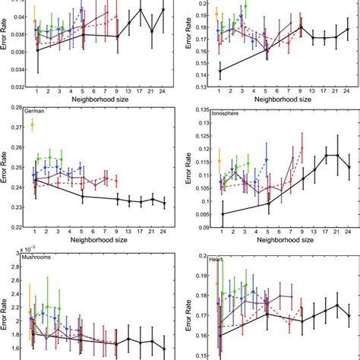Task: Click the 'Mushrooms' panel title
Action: click(x=40, y=257)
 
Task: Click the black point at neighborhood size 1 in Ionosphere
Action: click(x=222, y=214)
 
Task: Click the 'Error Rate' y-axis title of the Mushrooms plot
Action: click(x=6, y=304)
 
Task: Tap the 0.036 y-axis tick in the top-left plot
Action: click(x=15, y=49)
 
